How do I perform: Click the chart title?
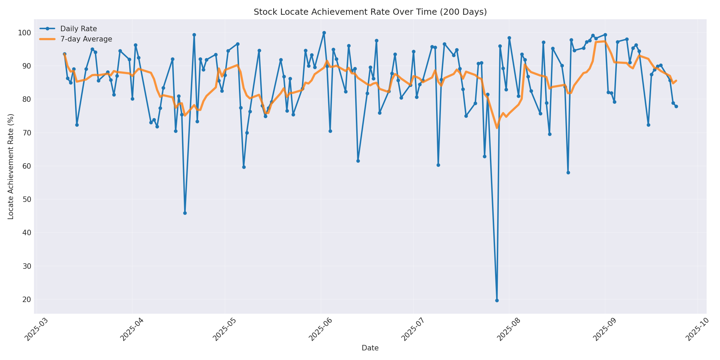pos(370,12)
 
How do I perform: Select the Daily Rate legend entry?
pos(79,29)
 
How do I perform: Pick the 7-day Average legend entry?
pos(86,39)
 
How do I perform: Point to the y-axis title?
pos(11,167)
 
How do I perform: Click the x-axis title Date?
pos(370,348)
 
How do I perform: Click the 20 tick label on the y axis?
pos(26,300)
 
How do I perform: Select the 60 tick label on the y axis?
pos(26,166)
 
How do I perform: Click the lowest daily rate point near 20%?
pos(497,300)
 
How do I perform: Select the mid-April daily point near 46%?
pos(185,213)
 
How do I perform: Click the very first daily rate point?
pos(64,54)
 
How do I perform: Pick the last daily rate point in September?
pos(676,106)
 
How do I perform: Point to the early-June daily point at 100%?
pos(324,33)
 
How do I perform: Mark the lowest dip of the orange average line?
pos(497,128)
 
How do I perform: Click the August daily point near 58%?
pos(568,172)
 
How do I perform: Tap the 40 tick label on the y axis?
pos(26,233)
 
